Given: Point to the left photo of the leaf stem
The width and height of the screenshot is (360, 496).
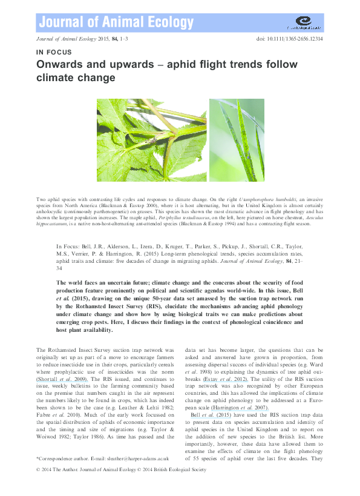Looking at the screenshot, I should pyautogui.click(x=152, y=140).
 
